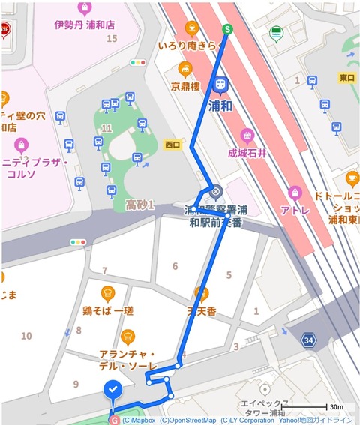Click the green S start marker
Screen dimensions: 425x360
click(226, 29)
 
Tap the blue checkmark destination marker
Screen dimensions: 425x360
click(112, 390)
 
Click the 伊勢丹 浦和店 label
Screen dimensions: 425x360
click(85, 24)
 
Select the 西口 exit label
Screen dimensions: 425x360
click(172, 144)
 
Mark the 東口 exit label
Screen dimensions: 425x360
click(346, 77)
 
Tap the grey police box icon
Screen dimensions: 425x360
click(216, 191)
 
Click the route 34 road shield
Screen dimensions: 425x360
click(308, 341)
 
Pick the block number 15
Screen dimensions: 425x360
click(112, 38)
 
